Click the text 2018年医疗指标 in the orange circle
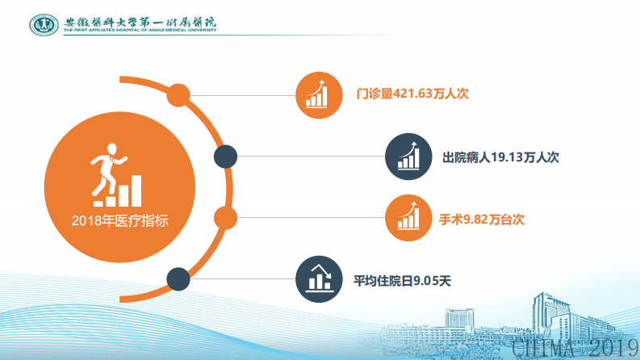click(x=119, y=220)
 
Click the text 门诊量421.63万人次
click(x=412, y=94)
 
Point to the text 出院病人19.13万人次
click(x=501, y=157)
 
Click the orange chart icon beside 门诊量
click(x=316, y=94)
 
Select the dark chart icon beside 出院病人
click(x=408, y=157)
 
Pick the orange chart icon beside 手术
click(x=408, y=219)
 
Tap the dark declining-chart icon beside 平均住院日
click(x=316, y=280)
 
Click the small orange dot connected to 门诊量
click(x=178, y=94)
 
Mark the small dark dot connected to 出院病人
click(x=224, y=157)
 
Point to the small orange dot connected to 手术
click(x=224, y=218)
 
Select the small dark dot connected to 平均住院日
click(x=178, y=280)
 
